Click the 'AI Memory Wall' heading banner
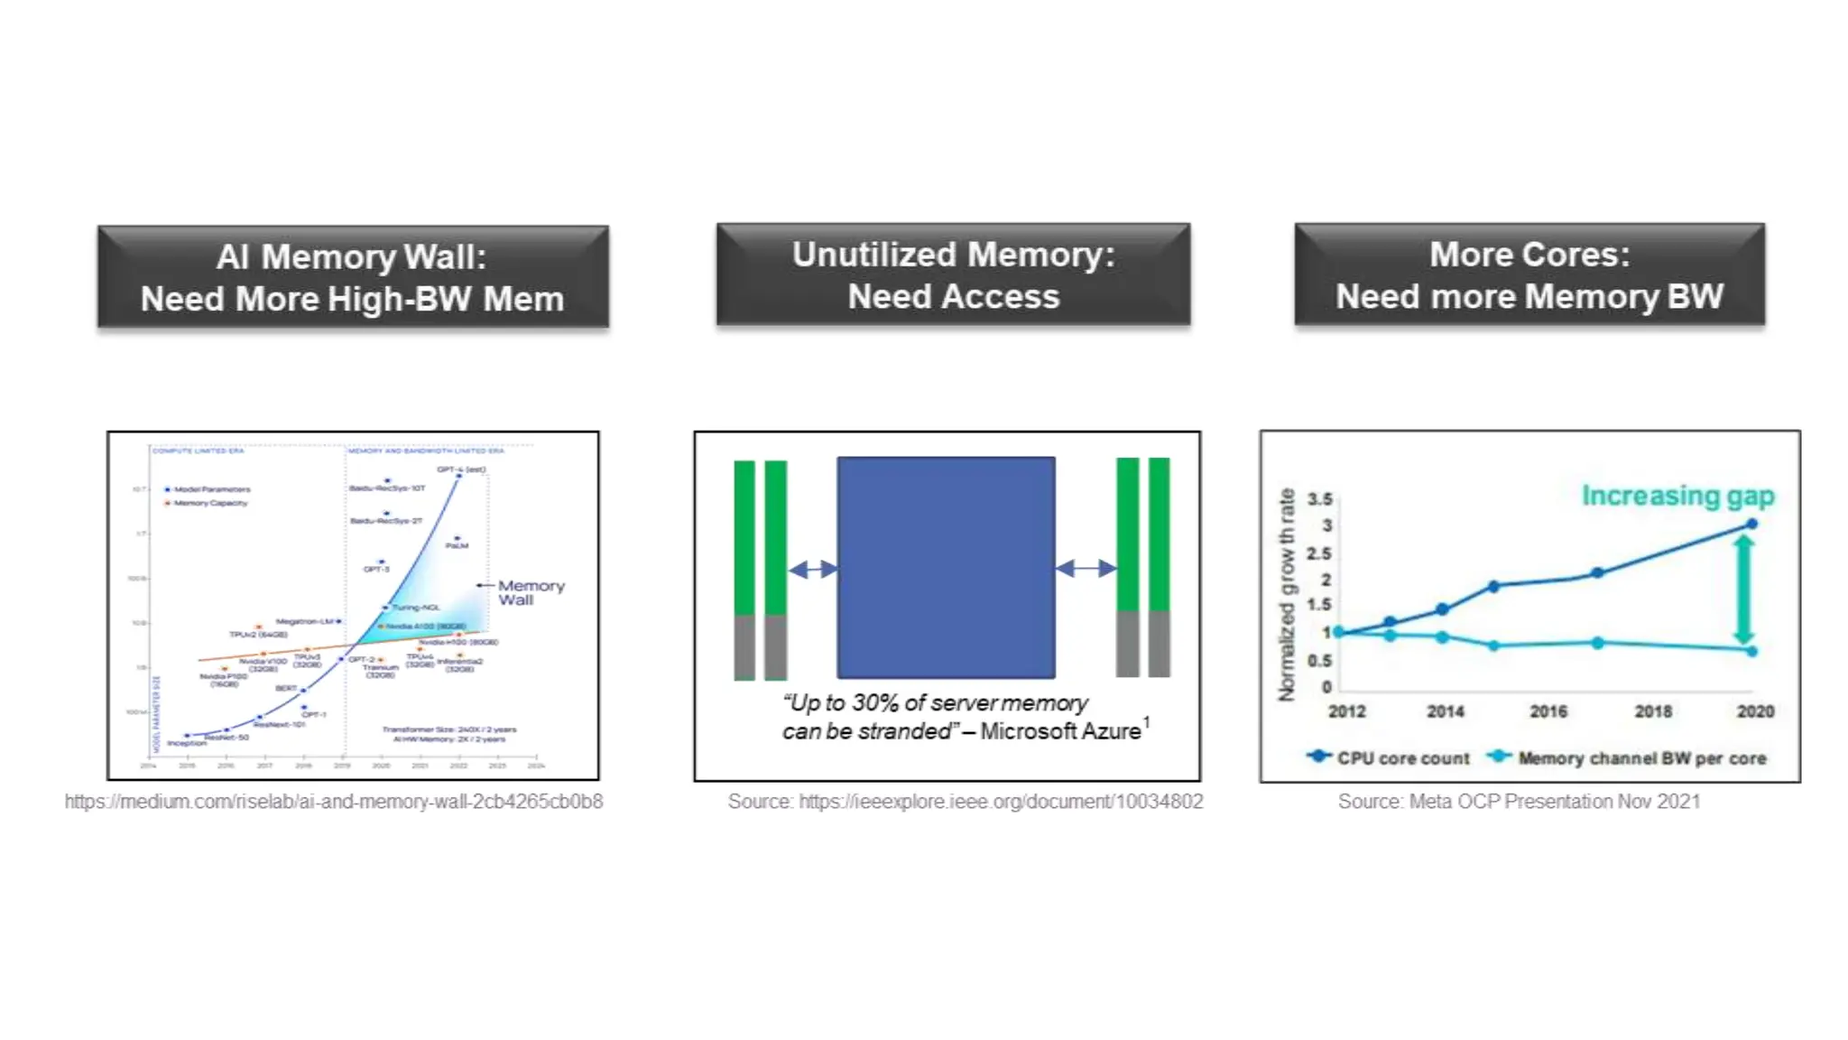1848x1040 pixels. [x=353, y=276]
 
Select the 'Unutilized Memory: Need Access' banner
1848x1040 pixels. [x=953, y=274]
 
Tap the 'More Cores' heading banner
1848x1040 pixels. [x=1529, y=274]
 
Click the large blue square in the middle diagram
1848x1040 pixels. [x=946, y=567]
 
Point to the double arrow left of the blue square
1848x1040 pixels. [x=813, y=569]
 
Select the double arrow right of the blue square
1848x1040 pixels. [x=1086, y=568]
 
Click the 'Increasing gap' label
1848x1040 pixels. [x=1677, y=496]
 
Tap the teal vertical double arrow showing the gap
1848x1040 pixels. [x=1743, y=588]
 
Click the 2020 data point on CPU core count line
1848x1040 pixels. [x=1751, y=524]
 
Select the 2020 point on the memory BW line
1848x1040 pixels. [x=1751, y=651]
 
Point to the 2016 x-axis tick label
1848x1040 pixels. [x=1548, y=711]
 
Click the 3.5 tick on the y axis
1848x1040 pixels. [x=1319, y=499]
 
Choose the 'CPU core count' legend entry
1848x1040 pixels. [x=1390, y=758]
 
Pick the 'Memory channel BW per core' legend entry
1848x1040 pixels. [x=1629, y=758]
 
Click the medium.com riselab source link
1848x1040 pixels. [x=334, y=802]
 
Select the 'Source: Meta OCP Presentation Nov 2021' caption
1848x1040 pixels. [x=1519, y=802]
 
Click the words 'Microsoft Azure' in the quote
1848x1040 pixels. [x=1060, y=731]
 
